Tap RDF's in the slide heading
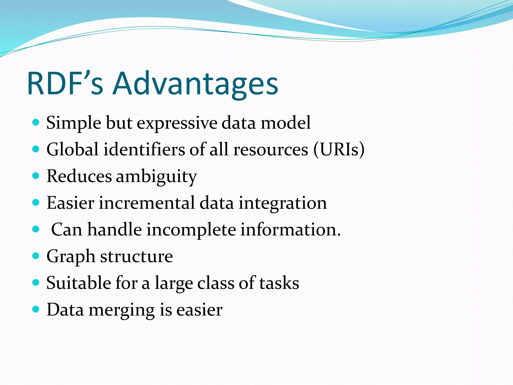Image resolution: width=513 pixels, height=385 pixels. pos(65,84)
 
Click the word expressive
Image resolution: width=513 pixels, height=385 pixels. pos(177,123)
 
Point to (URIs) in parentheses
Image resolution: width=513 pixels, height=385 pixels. pos(339,150)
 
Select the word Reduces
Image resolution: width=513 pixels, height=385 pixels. pos(79,176)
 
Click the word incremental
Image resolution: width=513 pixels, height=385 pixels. pos(147,203)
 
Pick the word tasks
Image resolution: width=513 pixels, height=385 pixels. pos(279,283)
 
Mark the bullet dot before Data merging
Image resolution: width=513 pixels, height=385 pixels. pos(36,309)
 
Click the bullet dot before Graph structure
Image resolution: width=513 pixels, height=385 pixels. pos(36,256)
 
